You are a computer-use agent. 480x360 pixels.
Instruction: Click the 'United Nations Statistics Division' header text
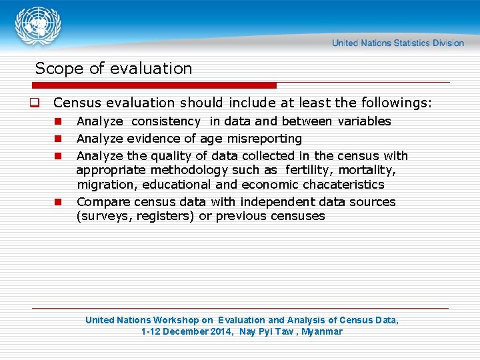[398, 43]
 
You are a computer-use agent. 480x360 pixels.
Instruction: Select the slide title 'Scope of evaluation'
[113, 69]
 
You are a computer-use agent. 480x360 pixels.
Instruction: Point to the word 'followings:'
[397, 103]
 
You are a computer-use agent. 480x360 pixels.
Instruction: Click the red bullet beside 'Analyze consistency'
[58, 121]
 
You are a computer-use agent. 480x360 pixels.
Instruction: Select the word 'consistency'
[166, 121]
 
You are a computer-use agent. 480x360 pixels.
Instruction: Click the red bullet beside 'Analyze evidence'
[58, 139]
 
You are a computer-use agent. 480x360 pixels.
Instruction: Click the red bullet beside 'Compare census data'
[58, 202]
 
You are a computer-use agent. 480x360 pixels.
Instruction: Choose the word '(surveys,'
[105, 216]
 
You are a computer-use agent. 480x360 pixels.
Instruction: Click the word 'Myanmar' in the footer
[321, 331]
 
